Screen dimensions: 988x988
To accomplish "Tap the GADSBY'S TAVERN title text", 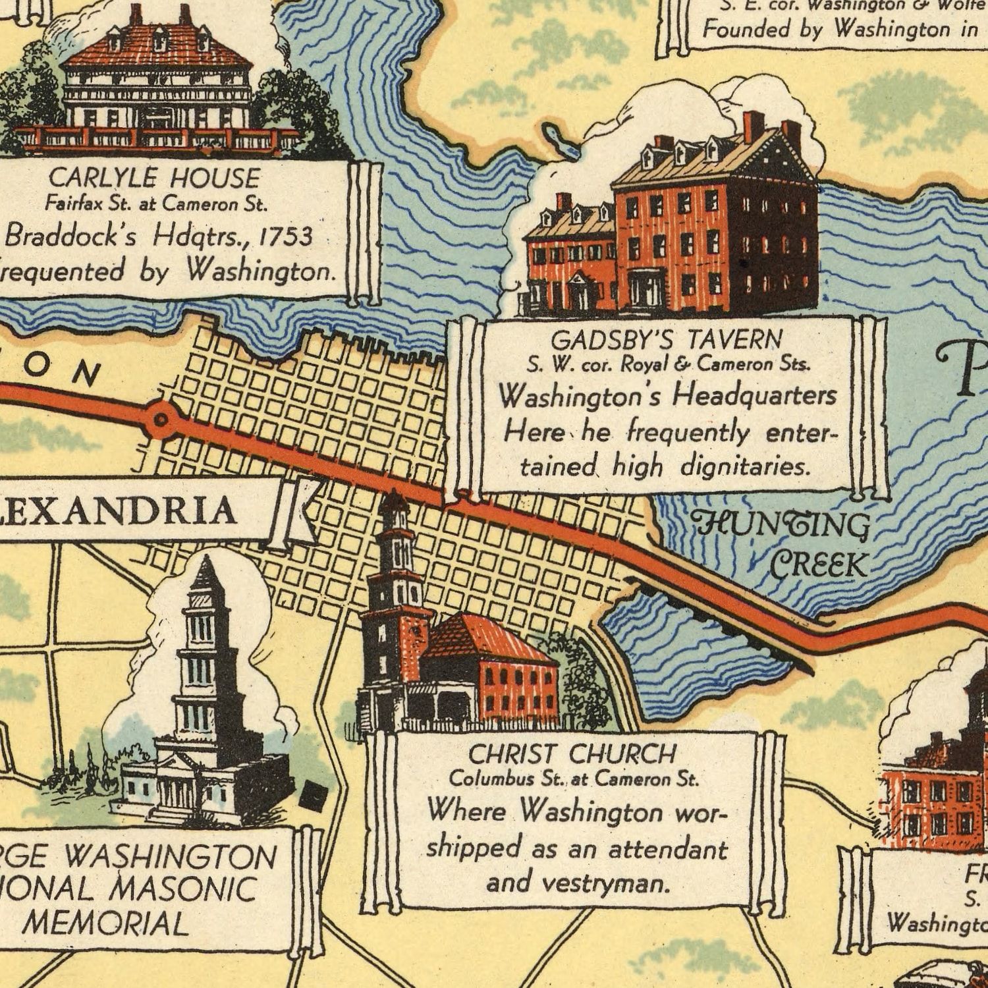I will pyautogui.click(x=666, y=340).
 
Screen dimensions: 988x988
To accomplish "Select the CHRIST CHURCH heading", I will pyautogui.click(x=572, y=754).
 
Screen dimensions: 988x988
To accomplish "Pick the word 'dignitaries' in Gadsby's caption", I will pyautogui.click(x=744, y=467).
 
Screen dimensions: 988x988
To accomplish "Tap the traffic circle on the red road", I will pyautogui.click(x=161, y=418).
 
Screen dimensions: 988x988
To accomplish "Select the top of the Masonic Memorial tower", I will pyautogui.click(x=206, y=566).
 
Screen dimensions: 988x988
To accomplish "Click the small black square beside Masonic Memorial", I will pyautogui.click(x=312, y=797).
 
